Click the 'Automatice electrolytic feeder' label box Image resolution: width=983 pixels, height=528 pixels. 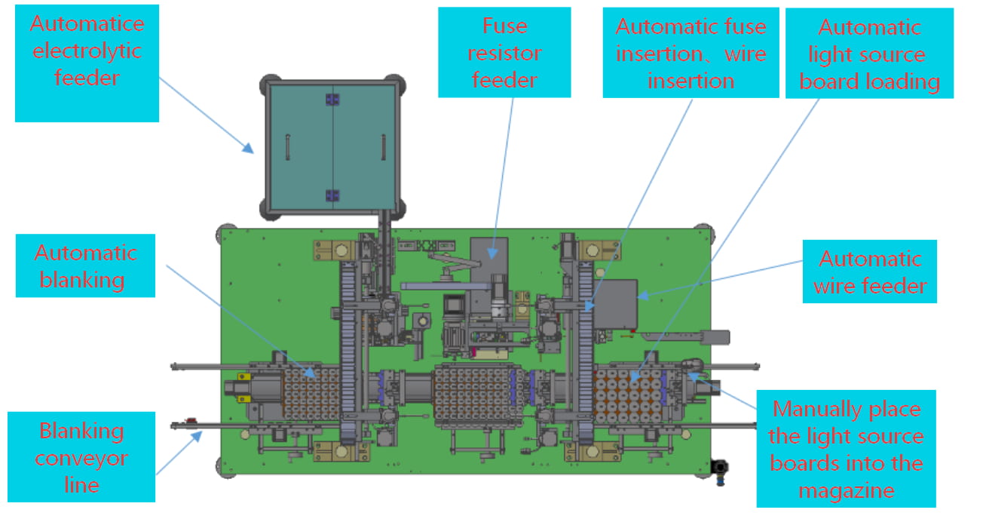(x=87, y=63)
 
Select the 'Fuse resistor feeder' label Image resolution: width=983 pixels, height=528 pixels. (x=504, y=53)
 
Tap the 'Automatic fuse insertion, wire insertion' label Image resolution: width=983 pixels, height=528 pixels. (x=691, y=53)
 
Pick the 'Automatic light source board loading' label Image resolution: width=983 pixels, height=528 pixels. (x=869, y=54)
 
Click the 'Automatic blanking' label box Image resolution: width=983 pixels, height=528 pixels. (x=86, y=266)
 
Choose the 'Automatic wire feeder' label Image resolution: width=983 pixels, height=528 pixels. (x=869, y=272)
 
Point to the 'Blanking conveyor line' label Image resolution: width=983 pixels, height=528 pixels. (x=81, y=457)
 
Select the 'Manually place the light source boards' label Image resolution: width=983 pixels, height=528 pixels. (x=846, y=450)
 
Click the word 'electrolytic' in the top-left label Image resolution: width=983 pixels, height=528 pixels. (x=87, y=51)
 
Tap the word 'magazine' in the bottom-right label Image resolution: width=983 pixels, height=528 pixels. (x=846, y=490)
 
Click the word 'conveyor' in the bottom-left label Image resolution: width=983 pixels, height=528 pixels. (x=81, y=458)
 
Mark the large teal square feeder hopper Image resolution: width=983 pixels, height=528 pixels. (x=332, y=147)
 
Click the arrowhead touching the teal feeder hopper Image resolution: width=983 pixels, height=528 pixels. (x=249, y=149)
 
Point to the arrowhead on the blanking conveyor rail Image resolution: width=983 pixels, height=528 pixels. (x=202, y=433)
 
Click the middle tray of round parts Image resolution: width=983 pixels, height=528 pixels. (x=472, y=392)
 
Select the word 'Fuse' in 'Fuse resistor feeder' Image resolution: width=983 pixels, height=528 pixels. (x=504, y=26)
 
